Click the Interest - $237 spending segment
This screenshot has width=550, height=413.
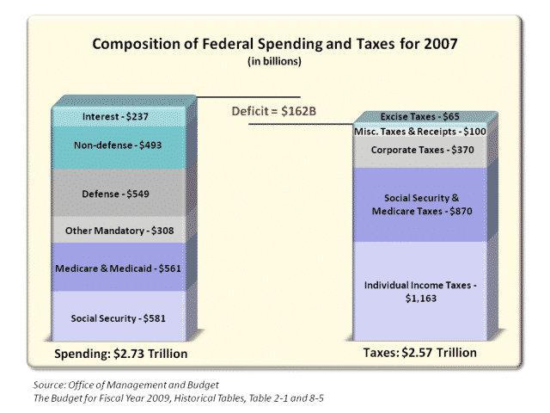117,116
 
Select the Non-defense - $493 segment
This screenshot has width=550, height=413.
117,145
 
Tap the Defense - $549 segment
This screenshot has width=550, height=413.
117,194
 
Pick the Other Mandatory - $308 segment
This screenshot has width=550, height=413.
117,230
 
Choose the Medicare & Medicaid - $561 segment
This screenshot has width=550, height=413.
117,267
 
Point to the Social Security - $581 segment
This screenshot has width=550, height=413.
117,317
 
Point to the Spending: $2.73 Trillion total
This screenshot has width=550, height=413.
121,354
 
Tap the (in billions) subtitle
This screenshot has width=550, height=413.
274,60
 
